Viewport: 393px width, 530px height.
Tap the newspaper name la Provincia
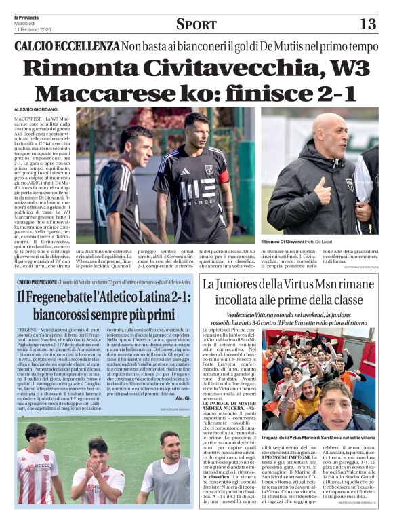coord(26,16)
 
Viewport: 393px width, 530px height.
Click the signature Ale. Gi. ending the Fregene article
coord(184,398)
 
